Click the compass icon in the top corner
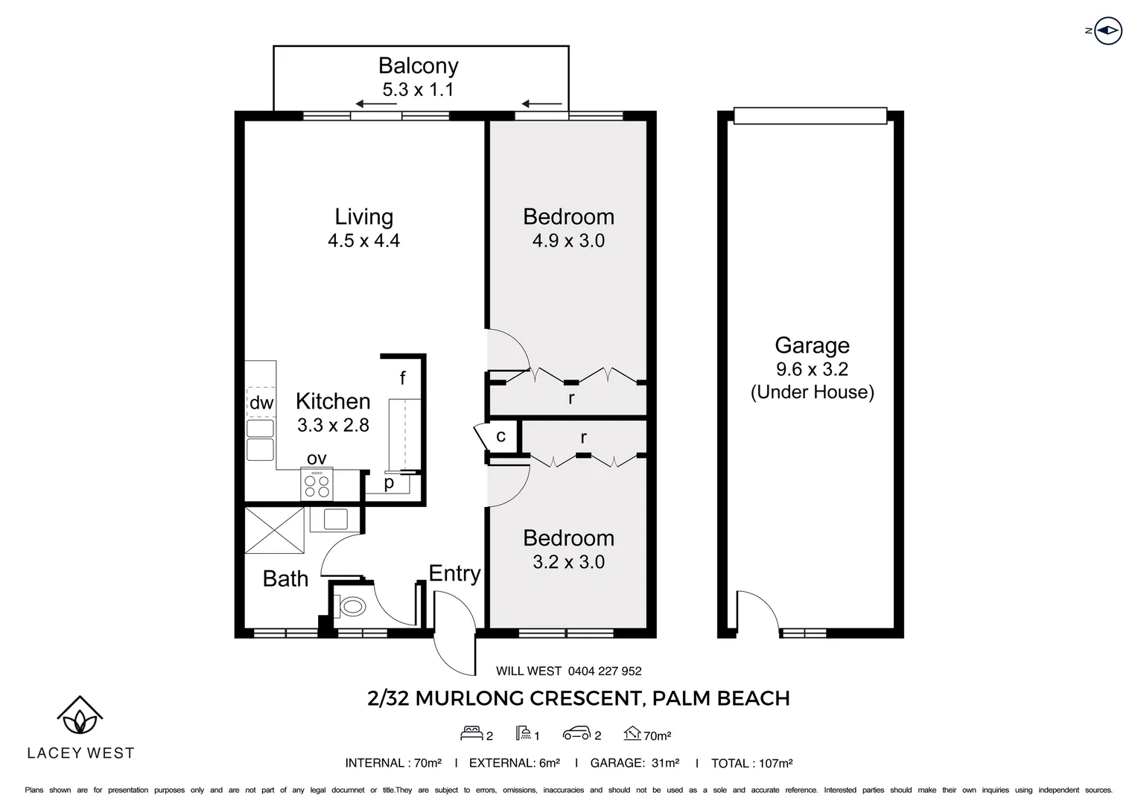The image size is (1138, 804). tap(1108, 31)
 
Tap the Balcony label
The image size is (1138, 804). tap(418, 66)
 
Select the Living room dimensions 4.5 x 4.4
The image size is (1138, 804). tap(363, 240)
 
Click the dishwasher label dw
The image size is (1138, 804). tap(261, 403)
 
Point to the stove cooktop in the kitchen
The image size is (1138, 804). tap(317, 484)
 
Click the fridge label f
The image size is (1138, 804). tap(402, 378)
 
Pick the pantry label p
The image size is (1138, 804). tap(389, 483)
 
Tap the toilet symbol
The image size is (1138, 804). tap(352, 607)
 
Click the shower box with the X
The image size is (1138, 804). tap(274, 530)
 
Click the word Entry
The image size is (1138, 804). tap(455, 574)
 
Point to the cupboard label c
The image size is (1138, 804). tap(501, 436)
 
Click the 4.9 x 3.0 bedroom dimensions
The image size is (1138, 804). tap(568, 240)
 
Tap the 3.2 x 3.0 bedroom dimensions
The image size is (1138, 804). tap(568, 562)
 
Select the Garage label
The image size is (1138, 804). tap(812, 345)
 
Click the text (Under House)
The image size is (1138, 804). tap(813, 392)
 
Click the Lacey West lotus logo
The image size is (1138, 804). tap(80, 715)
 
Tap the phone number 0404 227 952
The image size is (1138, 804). tap(605, 671)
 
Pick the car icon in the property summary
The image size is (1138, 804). tap(576, 734)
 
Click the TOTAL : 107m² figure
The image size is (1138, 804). tap(752, 763)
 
